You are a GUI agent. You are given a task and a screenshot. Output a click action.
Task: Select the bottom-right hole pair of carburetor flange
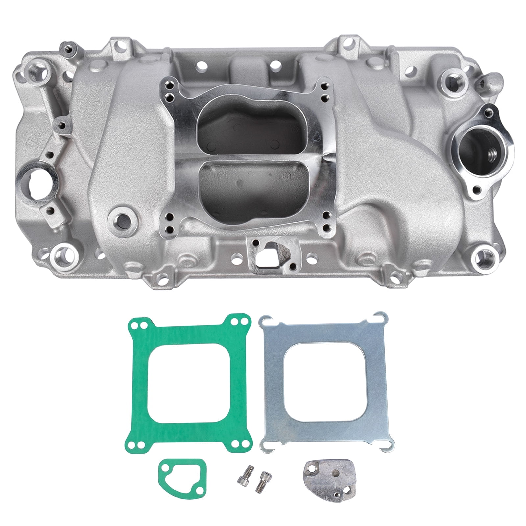327,220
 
